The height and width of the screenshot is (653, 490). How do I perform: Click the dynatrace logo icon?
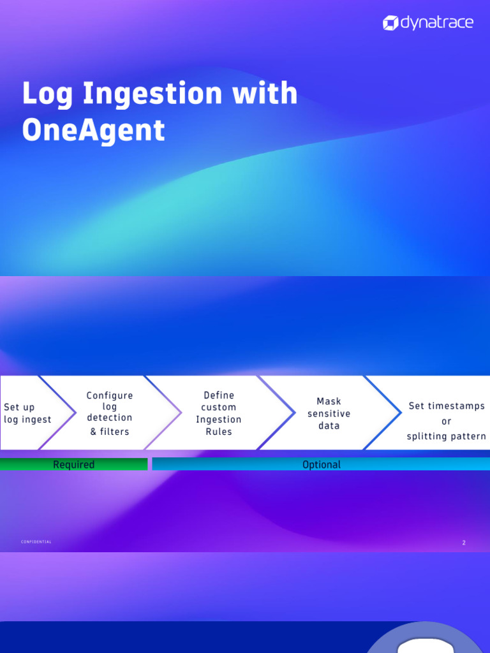[390, 24]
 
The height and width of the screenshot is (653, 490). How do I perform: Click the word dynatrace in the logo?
[436, 23]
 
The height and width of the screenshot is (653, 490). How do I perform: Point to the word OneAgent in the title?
[93, 130]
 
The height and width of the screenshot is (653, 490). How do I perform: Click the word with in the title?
[265, 93]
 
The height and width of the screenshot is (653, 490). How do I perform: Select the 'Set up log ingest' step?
[28, 413]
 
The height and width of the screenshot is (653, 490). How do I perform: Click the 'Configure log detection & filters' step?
[110, 413]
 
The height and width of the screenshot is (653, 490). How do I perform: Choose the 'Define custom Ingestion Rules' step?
[219, 413]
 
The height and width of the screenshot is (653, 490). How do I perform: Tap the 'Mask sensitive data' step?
[329, 413]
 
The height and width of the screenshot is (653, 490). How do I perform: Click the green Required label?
[73, 465]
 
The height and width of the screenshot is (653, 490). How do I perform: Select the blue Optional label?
[321, 465]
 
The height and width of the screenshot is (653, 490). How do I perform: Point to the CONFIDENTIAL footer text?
[36, 542]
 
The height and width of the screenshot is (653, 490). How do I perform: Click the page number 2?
[464, 543]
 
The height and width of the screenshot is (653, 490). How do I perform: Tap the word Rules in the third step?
[219, 432]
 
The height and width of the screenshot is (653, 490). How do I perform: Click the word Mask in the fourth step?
[329, 401]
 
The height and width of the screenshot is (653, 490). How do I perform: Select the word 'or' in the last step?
[446, 422]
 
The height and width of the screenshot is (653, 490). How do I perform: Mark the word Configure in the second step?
[110, 395]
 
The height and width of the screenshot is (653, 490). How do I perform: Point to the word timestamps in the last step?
[456, 406]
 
